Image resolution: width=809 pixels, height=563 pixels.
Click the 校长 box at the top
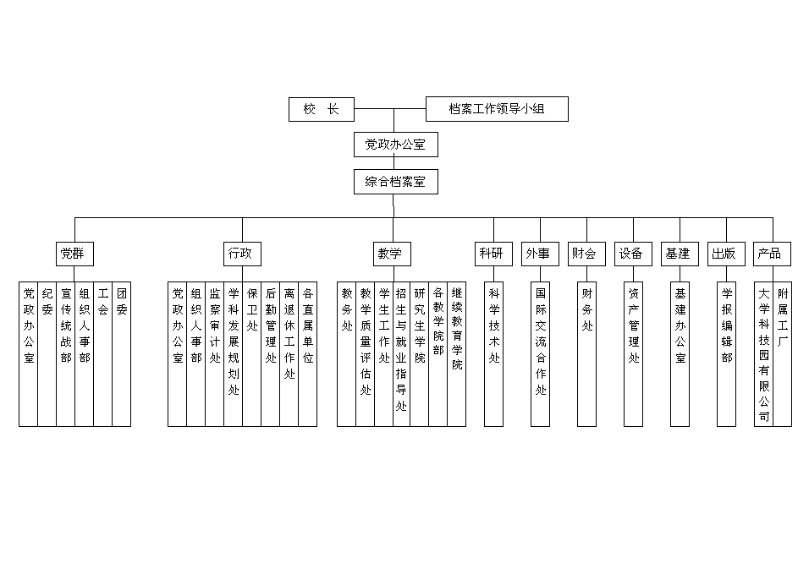321,109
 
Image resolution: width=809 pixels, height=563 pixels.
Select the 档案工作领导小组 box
496,109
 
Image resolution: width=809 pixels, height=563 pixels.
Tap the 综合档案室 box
395,182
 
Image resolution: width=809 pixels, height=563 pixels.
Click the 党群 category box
75,253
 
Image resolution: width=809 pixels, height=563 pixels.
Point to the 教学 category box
392,253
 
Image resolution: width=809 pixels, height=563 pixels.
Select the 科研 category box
494,253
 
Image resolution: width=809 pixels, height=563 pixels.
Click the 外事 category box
541,253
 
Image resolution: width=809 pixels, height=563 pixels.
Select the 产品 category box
773,253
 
